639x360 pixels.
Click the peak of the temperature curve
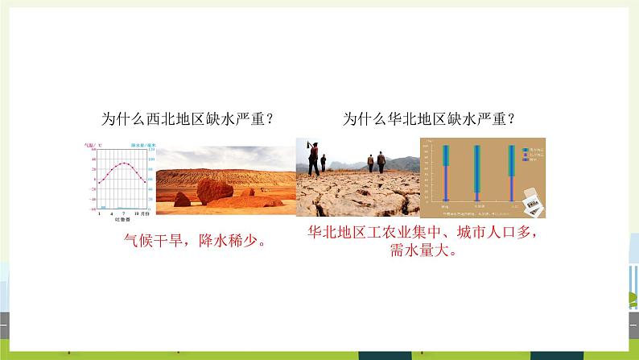pyautogui.click(x=120, y=163)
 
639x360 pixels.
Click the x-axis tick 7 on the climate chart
pyautogui.click(x=121, y=210)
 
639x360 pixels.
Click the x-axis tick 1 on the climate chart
pyautogui.click(x=98, y=210)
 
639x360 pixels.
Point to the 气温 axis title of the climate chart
pyautogui.click(x=90, y=145)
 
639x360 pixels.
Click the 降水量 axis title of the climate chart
pyautogui.click(x=143, y=145)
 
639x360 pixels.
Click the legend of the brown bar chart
pyautogui.click(x=530, y=155)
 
